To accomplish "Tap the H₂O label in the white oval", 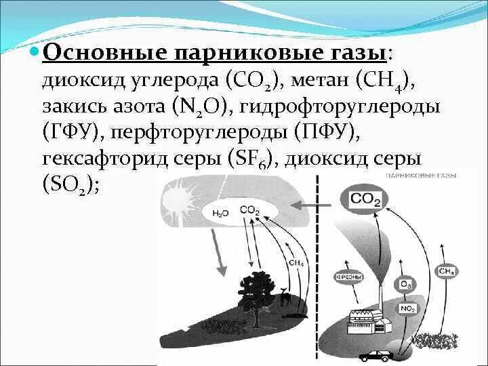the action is (x=220, y=213).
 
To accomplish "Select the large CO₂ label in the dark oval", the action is (x=366, y=199).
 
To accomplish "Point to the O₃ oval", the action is (x=406, y=284).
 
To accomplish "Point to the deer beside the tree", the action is (x=287, y=298).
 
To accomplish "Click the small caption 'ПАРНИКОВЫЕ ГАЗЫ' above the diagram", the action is (x=420, y=176).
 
